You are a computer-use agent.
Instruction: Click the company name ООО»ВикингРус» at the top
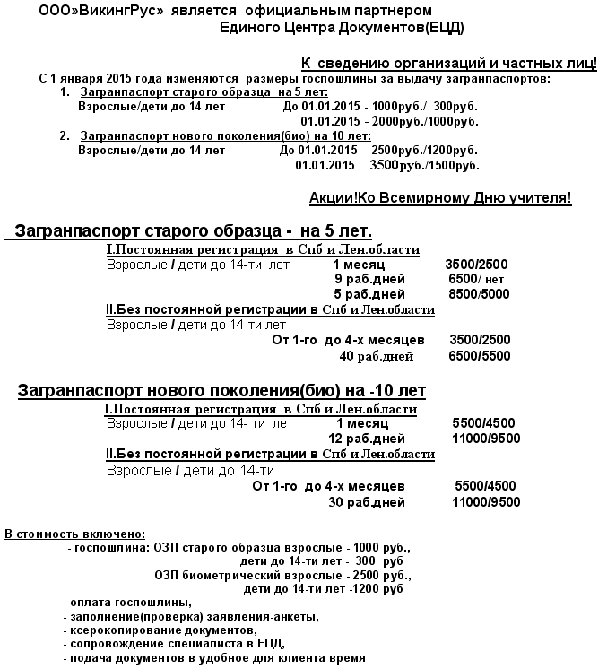[94, 12]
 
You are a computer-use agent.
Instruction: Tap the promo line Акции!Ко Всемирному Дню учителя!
[440, 197]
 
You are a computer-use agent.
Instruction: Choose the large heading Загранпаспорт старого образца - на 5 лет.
[190, 230]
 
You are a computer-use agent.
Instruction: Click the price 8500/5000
[479, 294]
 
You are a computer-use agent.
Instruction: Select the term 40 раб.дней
[376, 356]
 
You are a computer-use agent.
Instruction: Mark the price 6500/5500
[480, 356]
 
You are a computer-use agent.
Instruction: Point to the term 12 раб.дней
[367, 439]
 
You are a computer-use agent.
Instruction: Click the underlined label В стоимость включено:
[74, 534]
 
